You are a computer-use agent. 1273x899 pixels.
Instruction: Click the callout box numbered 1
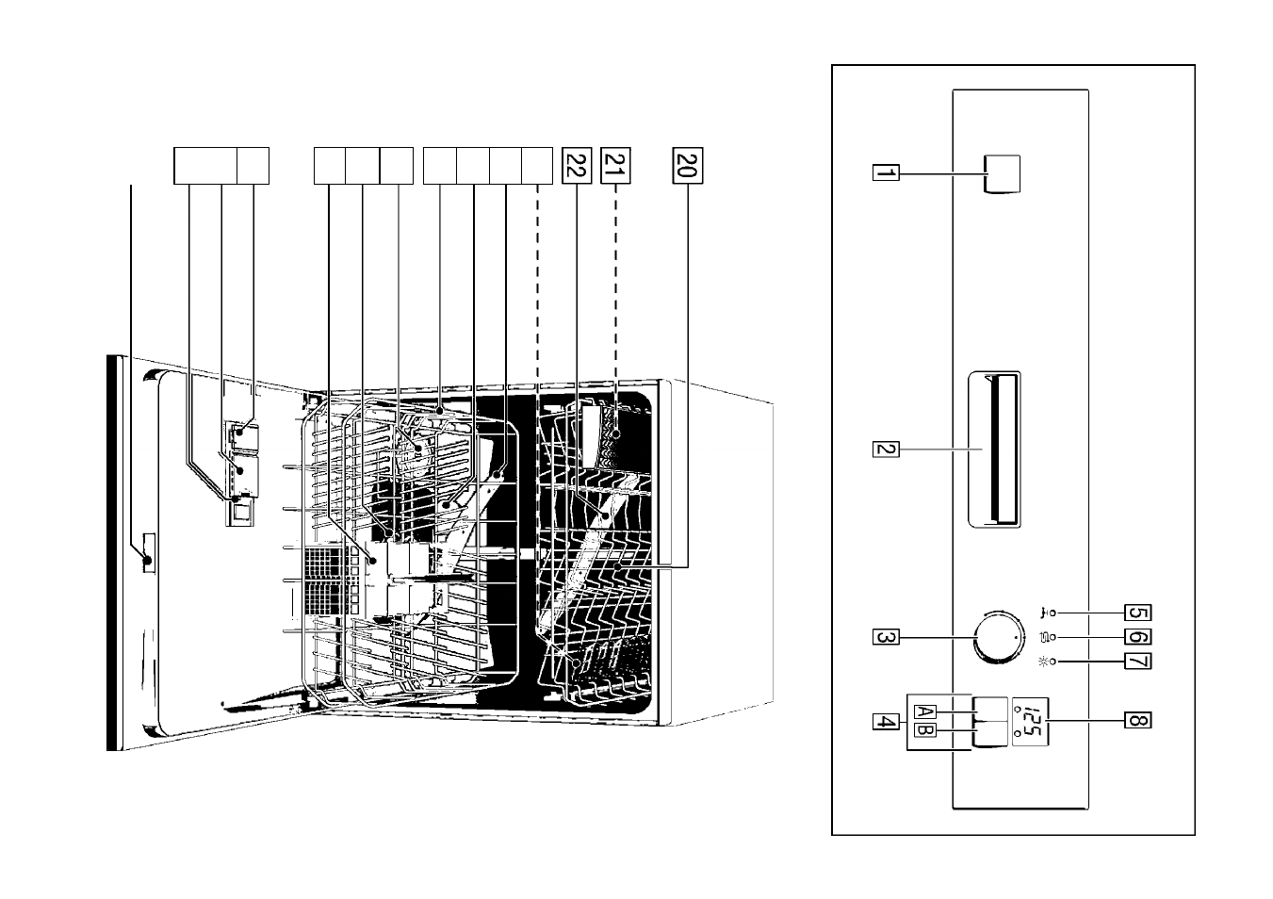pos(886,172)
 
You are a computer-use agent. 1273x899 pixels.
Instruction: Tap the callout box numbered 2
pos(886,449)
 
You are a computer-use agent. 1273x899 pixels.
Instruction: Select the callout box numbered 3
pos(886,637)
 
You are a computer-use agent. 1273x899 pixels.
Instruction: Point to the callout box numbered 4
pos(886,722)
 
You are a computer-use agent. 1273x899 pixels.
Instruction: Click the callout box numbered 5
pos(1137,613)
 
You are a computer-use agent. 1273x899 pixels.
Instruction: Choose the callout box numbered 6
pos(1137,637)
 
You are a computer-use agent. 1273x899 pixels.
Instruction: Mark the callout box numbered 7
pos(1137,662)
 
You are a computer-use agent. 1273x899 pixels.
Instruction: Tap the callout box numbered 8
pos(1137,721)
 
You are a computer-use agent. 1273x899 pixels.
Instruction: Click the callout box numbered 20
pos(688,165)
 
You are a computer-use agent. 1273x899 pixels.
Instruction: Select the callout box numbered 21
pos(615,165)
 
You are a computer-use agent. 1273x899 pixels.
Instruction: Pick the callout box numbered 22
pos(577,165)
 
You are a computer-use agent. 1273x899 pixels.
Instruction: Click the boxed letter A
pos(924,711)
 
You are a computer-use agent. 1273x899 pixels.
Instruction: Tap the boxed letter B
pos(924,730)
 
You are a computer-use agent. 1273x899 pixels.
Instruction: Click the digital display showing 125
pos(1030,722)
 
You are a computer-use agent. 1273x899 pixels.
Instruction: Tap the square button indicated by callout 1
pos(1002,174)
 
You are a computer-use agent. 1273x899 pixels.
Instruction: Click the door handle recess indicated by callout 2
pos(994,449)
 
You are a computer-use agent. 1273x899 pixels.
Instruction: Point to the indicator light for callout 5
pos(1053,613)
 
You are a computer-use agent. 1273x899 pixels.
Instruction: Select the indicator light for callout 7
pos(1053,662)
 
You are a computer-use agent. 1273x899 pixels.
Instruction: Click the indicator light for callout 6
pos(1053,638)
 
